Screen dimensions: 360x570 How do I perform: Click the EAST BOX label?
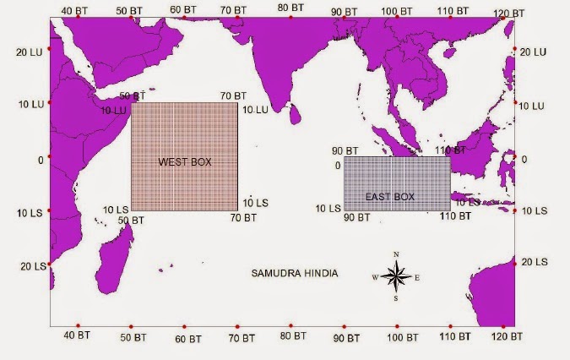tap(390, 197)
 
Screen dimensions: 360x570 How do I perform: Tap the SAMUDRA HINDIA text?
tap(296, 274)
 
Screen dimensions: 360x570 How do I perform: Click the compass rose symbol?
tap(395, 275)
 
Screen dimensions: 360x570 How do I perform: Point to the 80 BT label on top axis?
tap(290, 8)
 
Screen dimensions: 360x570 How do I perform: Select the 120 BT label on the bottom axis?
tap(505, 337)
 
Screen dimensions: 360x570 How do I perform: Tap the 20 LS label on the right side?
tap(535, 263)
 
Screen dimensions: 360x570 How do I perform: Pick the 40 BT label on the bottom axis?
tap(78, 337)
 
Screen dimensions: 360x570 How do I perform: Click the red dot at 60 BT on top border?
tap(184, 17)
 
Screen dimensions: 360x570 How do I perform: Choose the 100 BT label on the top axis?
tap(397, 11)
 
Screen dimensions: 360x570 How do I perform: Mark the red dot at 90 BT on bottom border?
tap(345, 326)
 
